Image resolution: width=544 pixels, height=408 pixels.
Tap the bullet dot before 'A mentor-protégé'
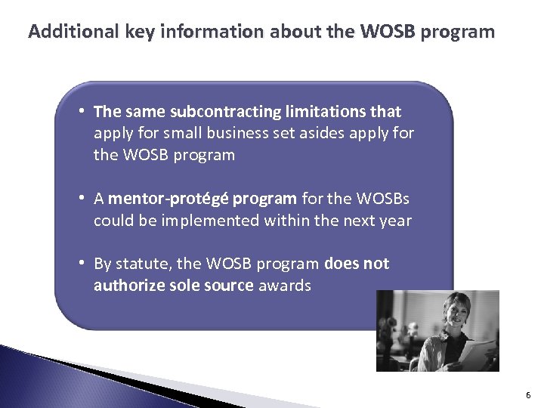81,199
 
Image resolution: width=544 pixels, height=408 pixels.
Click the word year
396,221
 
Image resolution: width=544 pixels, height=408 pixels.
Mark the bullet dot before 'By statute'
81,264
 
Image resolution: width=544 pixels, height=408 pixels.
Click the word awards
284,286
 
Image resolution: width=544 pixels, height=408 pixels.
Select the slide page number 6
528,395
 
